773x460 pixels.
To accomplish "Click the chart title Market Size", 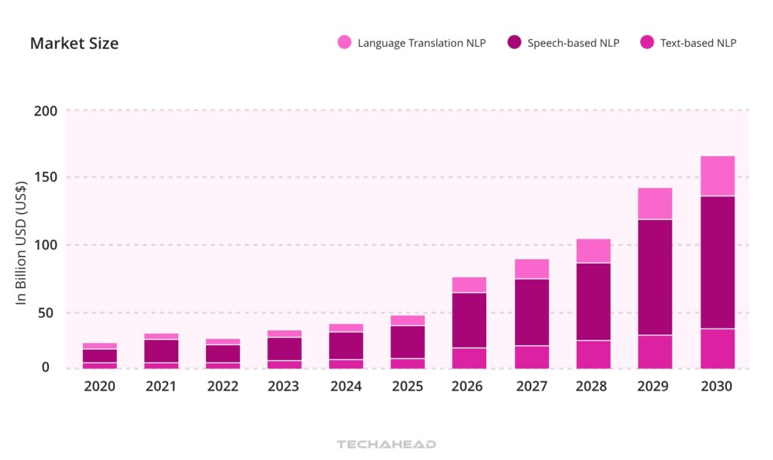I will pyautogui.click(x=74, y=43).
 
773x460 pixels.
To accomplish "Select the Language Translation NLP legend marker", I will pyautogui.click(x=344, y=43).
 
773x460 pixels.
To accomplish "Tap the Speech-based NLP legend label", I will pyautogui.click(x=573, y=43).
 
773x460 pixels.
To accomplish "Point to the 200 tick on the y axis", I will pyautogui.click(x=45, y=111).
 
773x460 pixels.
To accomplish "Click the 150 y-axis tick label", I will pyautogui.click(x=45, y=178).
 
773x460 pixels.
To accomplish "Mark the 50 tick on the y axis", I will pyautogui.click(x=48, y=313).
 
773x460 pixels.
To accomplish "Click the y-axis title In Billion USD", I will pyautogui.click(x=22, y=242).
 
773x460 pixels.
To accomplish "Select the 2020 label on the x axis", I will pyautogui.click(x=100, y=387).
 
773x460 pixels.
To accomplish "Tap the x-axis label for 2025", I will pyautogui.click(x=408, y=387).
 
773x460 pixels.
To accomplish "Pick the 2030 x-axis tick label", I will pyautogui.click(x=716, y=387).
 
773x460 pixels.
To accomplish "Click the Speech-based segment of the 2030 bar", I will pyautogui.click(x=717, y=262).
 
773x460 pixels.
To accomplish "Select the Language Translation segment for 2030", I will pyautogui.click(x=717, y=176).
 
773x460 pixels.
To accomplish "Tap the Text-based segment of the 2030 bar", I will pyautogui.click(x=717, y=348).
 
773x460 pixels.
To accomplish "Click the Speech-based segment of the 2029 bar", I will pyautogui.click(x=654, y=277).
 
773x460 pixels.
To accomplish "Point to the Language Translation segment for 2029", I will pyautogui.click(x=654, y=203).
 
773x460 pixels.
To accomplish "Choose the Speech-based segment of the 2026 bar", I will pyautogui.click(x=469, y=320).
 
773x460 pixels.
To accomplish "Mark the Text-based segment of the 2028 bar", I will pyautogui.click(x=593, y=354).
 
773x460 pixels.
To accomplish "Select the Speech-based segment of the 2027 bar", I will pyautogui.click(x=531, y=312).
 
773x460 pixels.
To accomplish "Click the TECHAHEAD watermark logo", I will pyautogui.click(x=386, y=445).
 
